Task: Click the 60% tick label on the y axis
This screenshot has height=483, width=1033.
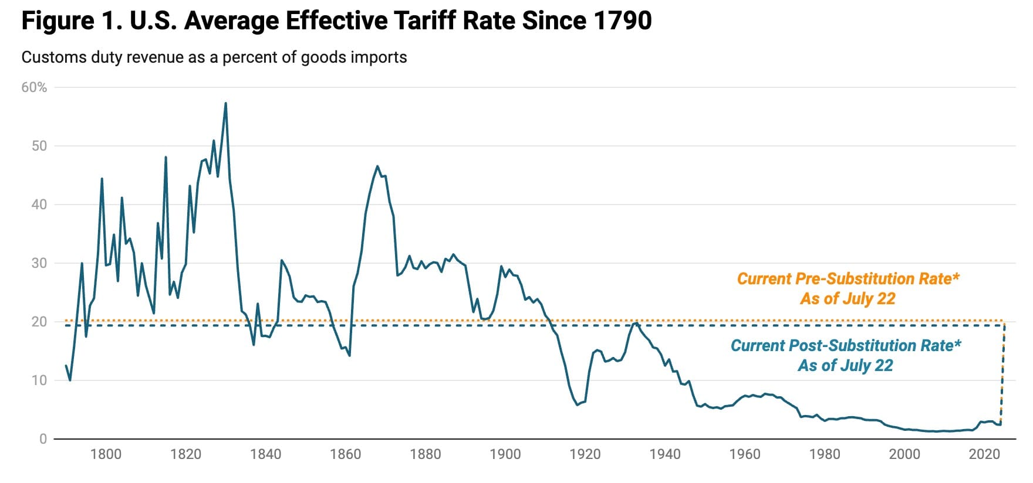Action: pos(34,87)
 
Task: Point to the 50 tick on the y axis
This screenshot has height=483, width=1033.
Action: pos(39,146)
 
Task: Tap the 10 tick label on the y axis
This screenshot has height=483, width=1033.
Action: pos(39,380)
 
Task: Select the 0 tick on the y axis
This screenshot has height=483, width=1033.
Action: pos(43,439)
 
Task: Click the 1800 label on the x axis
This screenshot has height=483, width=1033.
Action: pos(106,454)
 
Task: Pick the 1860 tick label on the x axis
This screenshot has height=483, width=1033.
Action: pos(346,454)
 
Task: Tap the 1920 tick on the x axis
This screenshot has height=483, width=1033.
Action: pos(585,454)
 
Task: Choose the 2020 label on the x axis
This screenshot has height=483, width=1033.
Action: pos(984,454)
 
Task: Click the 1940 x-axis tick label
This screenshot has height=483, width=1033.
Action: pos(665,454)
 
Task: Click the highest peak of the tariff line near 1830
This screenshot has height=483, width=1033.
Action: pos(226,104)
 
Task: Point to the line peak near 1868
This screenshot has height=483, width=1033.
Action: pos(377,166)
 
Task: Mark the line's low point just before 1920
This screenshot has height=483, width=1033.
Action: pos(577,404)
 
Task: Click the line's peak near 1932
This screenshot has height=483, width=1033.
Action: pos(636,323)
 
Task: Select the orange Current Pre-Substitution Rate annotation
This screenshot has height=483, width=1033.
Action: pos(848,288)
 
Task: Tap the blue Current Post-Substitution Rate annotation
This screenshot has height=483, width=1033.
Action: pos(846,355)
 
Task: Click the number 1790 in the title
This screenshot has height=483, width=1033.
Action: pos(622,21)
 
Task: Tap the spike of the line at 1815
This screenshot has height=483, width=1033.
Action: pos(166,157)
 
